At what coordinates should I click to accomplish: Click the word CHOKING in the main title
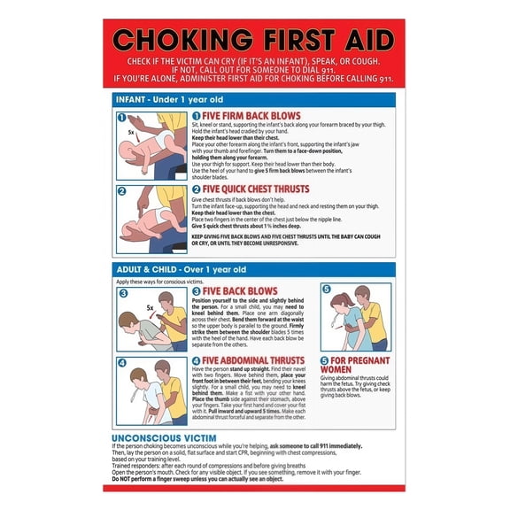(174, 41)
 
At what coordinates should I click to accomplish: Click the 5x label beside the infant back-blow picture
(130, 132)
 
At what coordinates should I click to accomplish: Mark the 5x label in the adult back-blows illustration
(151, 308)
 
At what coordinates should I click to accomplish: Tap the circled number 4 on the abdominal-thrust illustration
(123, 361)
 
